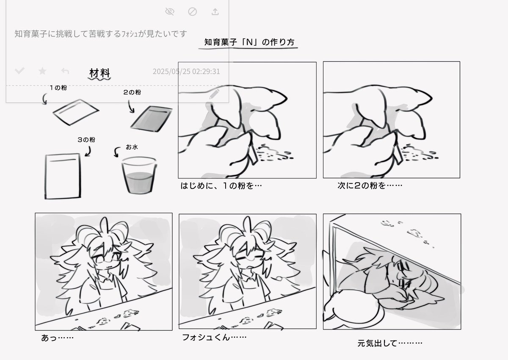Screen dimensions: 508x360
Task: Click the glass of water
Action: click(x=139, y=175)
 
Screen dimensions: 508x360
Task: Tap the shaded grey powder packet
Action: click(x=151, y=119)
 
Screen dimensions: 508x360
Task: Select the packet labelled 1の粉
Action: click(x=76, y=112)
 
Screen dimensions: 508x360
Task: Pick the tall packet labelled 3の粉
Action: click(x=63, y=176)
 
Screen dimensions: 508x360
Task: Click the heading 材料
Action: click(x=99, y=73)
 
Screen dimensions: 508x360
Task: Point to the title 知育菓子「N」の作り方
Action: click(x=249, y=42)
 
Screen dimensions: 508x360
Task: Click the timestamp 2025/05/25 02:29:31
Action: click(x=186, y=72)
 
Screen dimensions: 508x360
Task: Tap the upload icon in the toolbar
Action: click(x=215, y=11)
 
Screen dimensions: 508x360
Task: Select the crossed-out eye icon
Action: click(x=170, y=11)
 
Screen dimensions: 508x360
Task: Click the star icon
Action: click(x=42, y=71)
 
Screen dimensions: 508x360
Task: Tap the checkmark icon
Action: click(x=20, y=71)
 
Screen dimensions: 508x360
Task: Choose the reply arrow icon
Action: click(x=65, y=71)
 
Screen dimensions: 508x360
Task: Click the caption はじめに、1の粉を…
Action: click(x=221, y=186)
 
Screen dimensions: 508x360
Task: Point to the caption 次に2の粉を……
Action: click(x=370, y=186)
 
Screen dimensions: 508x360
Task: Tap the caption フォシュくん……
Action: click(x=214, y=337)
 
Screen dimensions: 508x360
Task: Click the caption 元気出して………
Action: click(x=390, y=343)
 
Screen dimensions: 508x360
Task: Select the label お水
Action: click(x=132, y=147)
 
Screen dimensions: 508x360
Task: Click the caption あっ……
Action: click(x=58, y=338)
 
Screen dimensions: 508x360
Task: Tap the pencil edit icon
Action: click(x=214, y=94)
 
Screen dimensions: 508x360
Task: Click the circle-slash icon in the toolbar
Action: click(x=192, y=11)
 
